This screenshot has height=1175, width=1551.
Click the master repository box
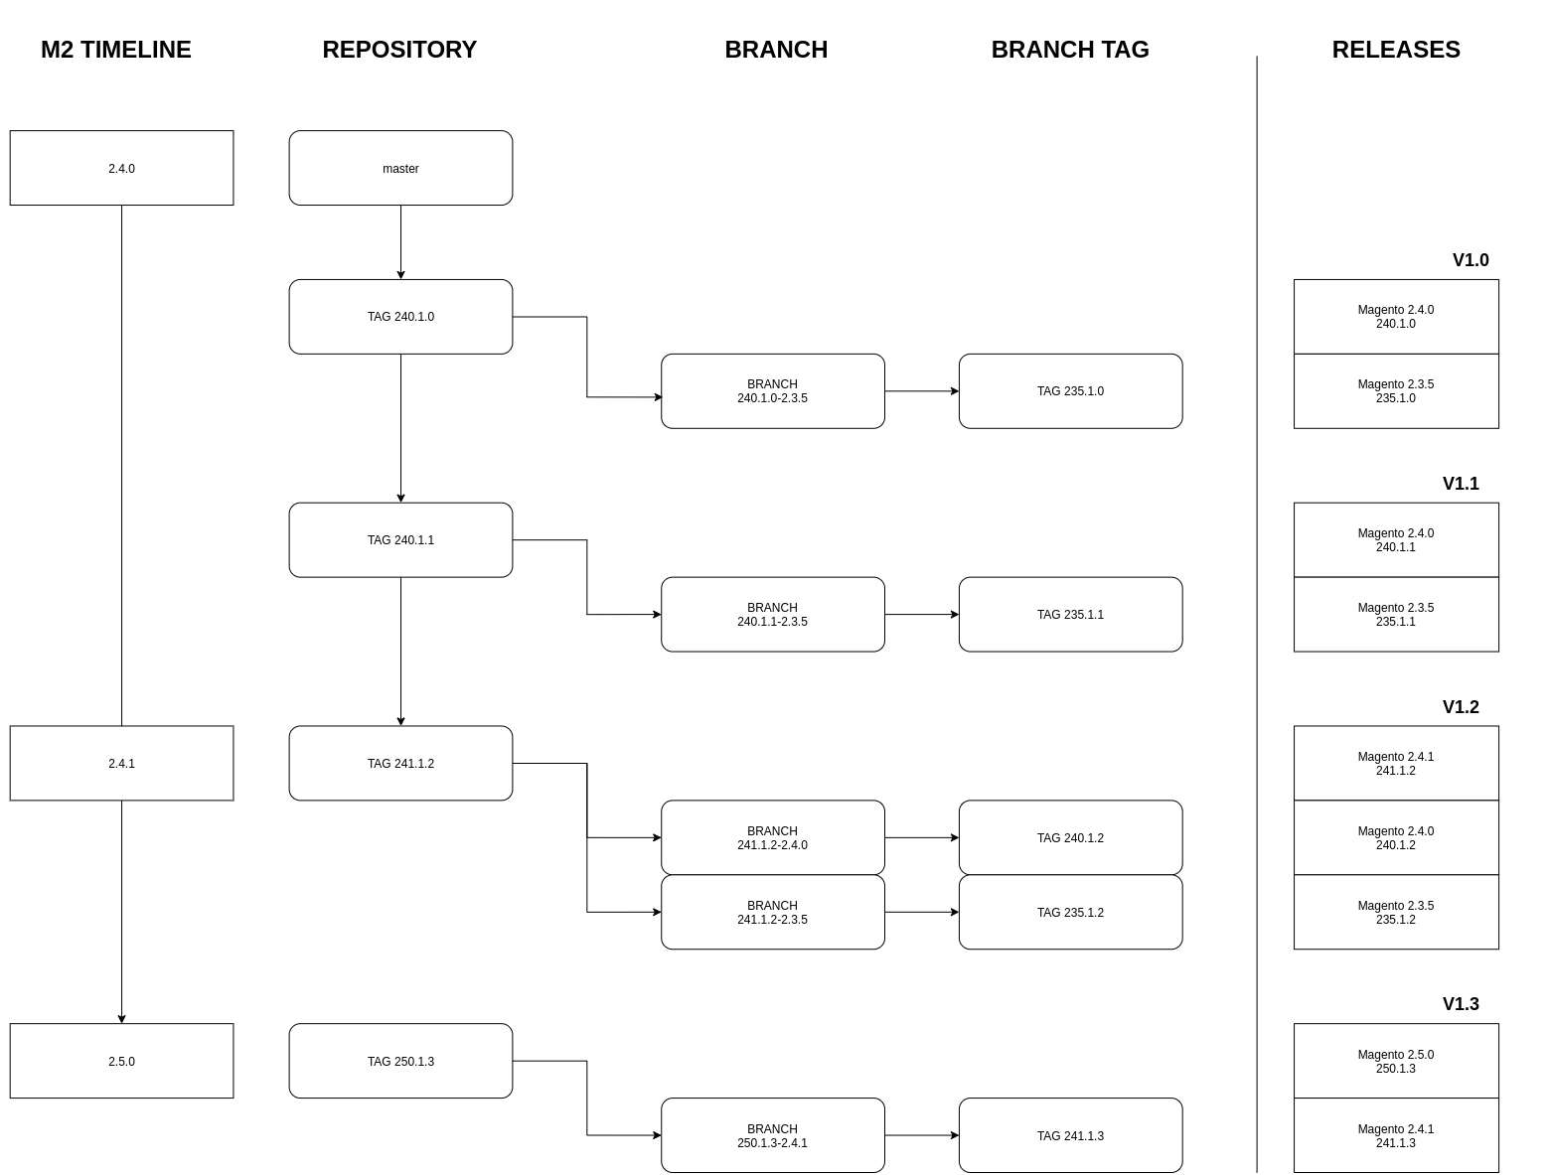[400, 168]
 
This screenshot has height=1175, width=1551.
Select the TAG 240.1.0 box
[400, 317]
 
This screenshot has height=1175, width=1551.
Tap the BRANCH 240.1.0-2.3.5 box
[772, 391]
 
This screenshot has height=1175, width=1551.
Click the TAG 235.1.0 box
[1070, 391]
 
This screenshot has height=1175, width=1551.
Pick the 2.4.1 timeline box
[121, 763]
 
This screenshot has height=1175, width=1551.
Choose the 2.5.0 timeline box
[121, 1061]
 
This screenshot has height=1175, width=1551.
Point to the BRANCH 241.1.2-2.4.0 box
[772, 837]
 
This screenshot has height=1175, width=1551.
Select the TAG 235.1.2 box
[1070, 912]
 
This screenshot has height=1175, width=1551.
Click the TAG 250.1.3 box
[400, 1061]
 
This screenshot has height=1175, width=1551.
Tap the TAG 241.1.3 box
[1070, 1135]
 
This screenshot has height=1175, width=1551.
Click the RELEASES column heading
[1395, 50]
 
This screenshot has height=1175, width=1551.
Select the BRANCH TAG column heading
[1069, 50]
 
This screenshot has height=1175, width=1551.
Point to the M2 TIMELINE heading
[115, 50]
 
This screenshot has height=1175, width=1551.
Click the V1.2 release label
[1460, 707]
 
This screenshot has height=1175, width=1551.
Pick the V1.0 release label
[1470, 260]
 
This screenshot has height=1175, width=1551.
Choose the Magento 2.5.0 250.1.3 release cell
[1395, 1061]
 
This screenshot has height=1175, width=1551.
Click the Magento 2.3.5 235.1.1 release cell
[1395, 614]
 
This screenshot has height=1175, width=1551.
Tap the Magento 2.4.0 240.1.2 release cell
[1395, 837]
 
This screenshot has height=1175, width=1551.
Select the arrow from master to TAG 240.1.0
[400, 242]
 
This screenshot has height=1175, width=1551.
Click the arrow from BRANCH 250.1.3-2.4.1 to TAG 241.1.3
[921, 1135]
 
